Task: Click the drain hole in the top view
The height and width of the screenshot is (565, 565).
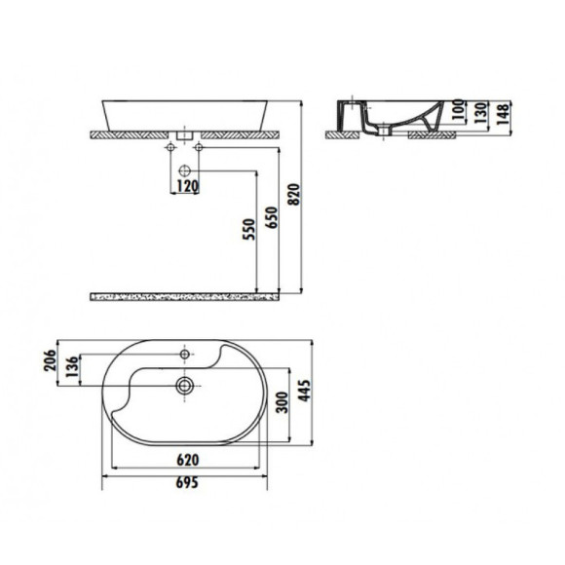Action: tap(183, 385)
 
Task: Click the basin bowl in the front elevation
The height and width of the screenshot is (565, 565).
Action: tap(185, 111)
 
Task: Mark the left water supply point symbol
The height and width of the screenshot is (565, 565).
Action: tap(171, 147)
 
